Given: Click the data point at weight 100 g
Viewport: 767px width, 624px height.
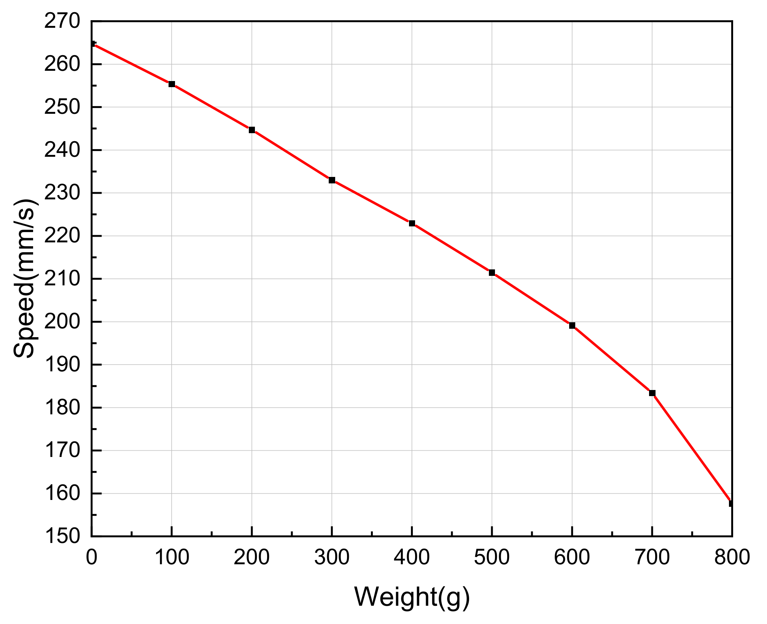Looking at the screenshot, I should [172, 84].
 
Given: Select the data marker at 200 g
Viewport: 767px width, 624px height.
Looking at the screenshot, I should [252, 130].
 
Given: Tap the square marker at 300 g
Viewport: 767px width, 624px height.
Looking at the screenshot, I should [332, 180].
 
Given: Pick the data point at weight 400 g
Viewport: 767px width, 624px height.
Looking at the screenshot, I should [412, 223].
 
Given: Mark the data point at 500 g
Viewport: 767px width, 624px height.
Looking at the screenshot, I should [492, 272].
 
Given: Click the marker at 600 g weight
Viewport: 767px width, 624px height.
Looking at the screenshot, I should [572, 325].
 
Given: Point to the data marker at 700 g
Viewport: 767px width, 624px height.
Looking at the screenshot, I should [652, 393].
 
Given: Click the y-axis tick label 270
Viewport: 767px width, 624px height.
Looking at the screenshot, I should [62, 21].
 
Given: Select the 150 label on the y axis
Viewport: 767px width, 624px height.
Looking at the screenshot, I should [62, 536].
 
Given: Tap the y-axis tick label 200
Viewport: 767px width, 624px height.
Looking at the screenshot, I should [62, 322].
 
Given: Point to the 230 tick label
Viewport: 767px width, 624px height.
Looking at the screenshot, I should [62, 193].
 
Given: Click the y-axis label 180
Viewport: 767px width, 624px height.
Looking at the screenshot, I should [62, 408].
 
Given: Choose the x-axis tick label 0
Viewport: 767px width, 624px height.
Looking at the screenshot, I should [91, 558].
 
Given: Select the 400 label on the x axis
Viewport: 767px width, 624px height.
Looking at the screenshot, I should [412, 558].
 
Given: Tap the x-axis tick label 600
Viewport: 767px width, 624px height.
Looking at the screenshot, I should [572, 558].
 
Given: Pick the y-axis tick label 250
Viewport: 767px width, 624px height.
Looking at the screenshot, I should [62, 107].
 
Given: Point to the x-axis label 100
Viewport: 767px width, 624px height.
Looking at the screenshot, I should [172, 558].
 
